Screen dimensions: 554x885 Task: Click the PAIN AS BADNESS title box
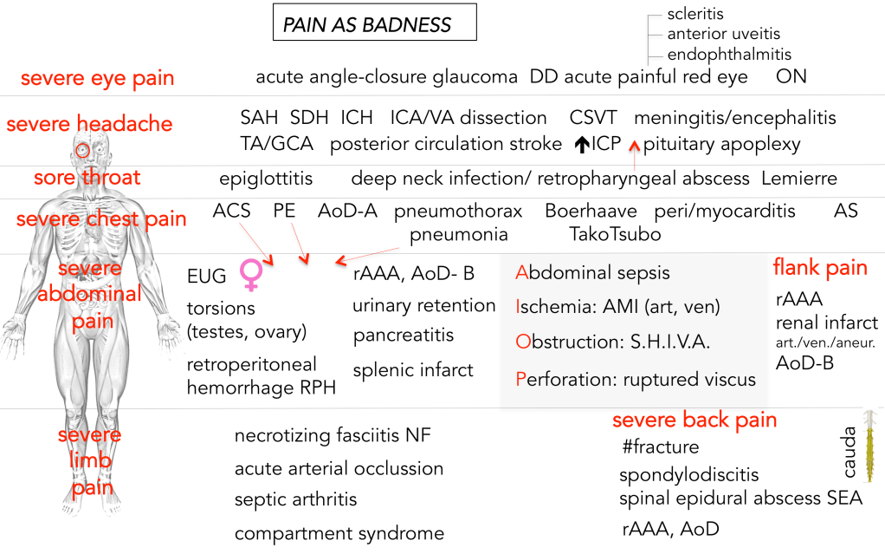(374, 23)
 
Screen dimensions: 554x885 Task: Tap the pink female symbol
(250, 274)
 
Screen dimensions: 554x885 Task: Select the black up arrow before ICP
(582, 145)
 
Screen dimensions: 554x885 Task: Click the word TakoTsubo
(615, 234)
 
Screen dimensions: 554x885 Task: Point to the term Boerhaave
(591, 211)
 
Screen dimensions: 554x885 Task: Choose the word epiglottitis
(266, 179)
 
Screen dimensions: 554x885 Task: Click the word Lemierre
(799, 179)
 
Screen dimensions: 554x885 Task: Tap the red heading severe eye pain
(97, 78)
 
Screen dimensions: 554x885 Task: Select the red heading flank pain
(820, 268)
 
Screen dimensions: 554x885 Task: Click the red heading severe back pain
(694, 420)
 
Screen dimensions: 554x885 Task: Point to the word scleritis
(695, 14)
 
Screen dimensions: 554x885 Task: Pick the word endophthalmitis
(729, 55)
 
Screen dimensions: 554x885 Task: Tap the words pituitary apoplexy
(721, 144)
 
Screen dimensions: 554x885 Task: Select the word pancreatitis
(403, 335)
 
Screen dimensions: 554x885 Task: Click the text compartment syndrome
(339, 533)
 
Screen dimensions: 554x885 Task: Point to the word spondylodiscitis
(688, 475)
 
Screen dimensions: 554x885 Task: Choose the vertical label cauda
(849, 452)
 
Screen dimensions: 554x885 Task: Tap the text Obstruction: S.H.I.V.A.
(612, 342)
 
